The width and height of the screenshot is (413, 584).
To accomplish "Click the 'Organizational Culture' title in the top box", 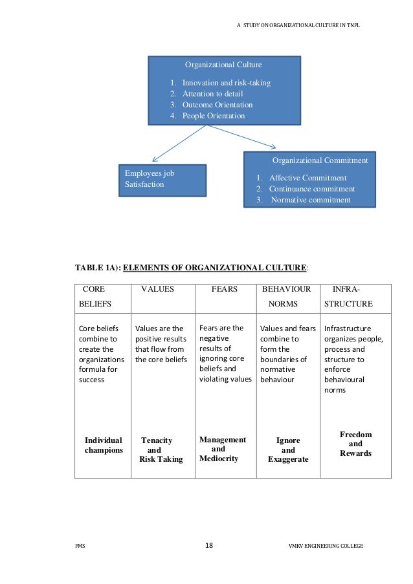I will (x=223, y=65).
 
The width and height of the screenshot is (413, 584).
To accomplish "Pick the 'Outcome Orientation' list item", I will (x=217, y=105).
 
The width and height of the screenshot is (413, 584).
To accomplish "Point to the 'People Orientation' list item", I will (x=213, y=116).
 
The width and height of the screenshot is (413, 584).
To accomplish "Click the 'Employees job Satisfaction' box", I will (x=161, y=179).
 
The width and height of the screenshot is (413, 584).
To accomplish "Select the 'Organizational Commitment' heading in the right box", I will (x=320, y=160).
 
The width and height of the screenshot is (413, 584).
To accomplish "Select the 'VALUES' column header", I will (x=158, y=290).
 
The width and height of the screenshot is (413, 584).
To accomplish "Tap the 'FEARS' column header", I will (x=225, y=290).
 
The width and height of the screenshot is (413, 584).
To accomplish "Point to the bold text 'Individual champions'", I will (x=104, y=445).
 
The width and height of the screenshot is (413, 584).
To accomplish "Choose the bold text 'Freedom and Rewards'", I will (x=355, y=444).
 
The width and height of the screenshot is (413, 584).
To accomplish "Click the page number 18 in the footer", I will (x=208, y=545).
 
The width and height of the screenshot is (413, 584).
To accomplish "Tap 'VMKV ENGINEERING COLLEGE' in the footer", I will (x=326, y=546).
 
